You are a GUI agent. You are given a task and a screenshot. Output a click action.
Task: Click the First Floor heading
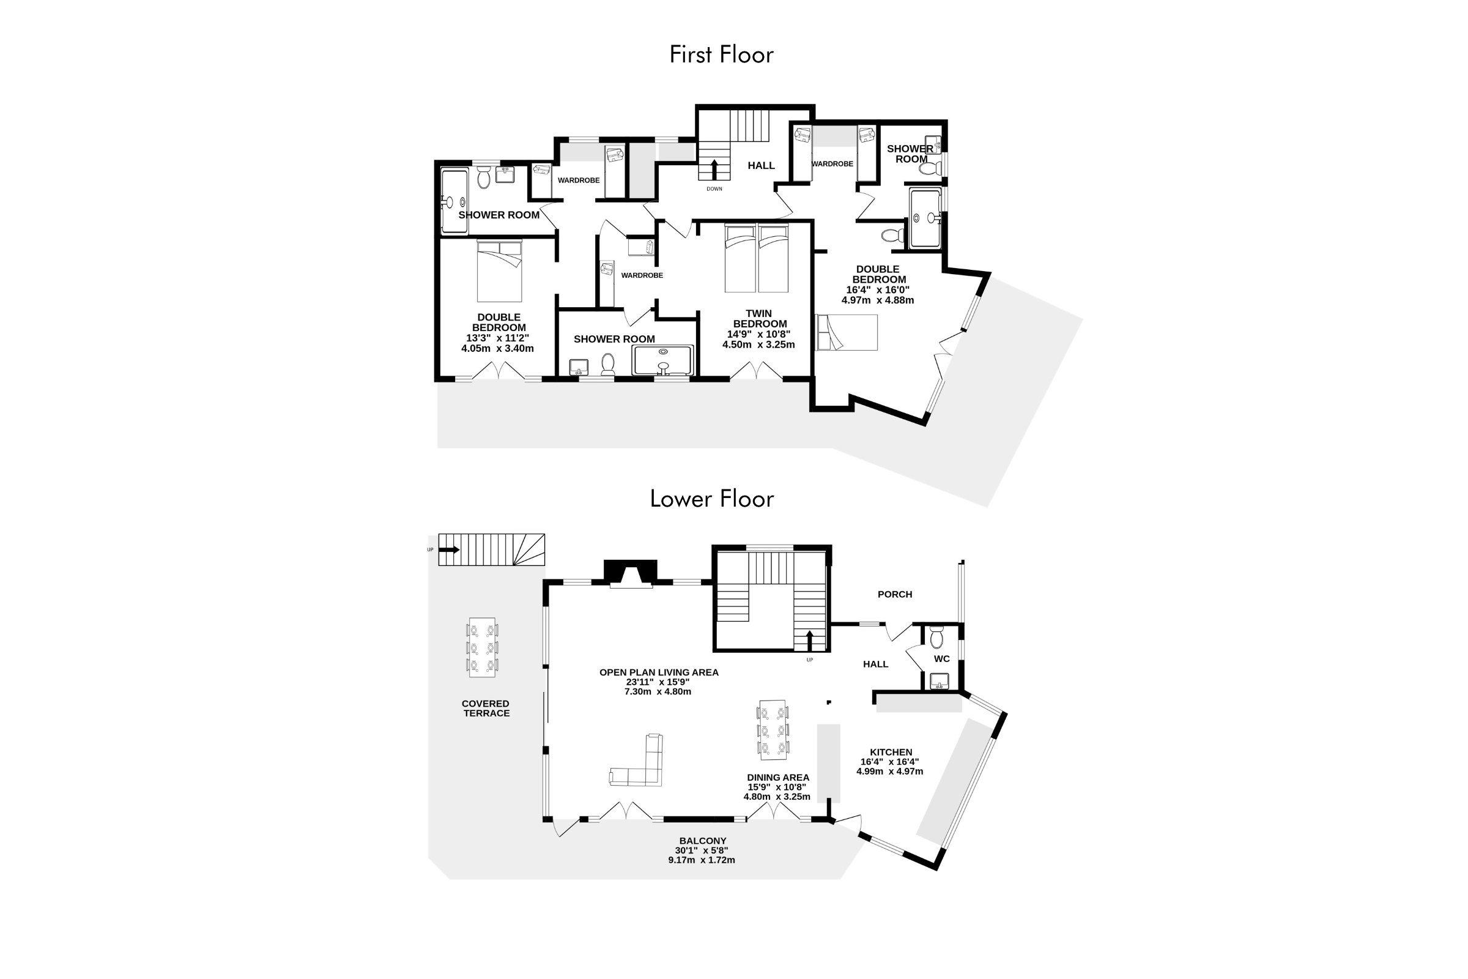point(721,55)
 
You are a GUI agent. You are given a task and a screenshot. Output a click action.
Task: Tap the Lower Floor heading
point(711,499)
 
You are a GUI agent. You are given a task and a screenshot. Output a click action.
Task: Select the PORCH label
point(894,594)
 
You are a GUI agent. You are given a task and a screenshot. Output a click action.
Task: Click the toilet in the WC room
point(936,638)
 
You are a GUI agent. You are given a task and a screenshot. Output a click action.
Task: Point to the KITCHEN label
point(891,753)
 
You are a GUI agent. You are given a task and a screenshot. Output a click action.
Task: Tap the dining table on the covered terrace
point(483,647)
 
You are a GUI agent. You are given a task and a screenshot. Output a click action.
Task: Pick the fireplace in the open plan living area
point(631,574)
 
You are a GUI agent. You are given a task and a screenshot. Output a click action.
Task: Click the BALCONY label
point(703,841)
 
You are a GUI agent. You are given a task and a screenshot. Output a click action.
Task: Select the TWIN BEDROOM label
point(760,318)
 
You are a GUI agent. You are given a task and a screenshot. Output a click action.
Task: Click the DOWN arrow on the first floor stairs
point(714,170)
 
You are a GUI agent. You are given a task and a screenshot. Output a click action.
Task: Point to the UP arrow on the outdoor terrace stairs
point(450,550)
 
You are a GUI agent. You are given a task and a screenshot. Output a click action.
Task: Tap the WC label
point(942,659)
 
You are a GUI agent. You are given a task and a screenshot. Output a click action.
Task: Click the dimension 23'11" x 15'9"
point(658,682)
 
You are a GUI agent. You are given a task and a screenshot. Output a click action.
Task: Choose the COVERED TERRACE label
point(486,708)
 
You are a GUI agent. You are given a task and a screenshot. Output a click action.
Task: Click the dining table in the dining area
point(773,730)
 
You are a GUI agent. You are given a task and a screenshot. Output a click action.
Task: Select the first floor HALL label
point(762,165)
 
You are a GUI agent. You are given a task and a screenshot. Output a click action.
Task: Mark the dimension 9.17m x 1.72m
point(702,860)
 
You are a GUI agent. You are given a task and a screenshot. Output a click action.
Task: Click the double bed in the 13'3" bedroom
point(499,271)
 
